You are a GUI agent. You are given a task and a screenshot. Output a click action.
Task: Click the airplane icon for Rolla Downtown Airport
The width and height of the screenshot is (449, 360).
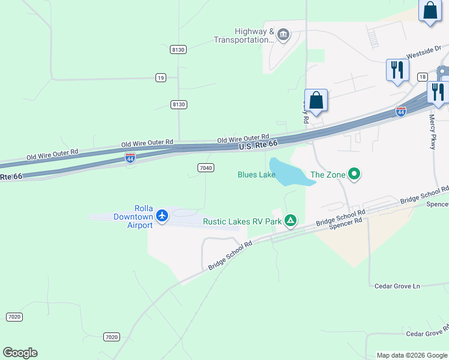pos(161,215)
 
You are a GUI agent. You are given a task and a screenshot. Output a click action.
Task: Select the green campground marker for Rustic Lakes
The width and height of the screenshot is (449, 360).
pos(291,221)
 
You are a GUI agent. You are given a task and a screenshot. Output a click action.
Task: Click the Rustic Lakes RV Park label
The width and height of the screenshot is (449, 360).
pos(242,221)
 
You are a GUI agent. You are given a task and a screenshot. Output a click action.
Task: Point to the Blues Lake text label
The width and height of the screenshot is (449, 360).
pos(256,175)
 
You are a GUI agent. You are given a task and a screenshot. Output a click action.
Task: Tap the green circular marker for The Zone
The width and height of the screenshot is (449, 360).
pos(354,175)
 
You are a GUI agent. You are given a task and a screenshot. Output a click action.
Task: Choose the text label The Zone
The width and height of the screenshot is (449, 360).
pos(328,175)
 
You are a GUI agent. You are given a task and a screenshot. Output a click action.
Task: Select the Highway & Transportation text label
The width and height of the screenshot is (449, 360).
pos(245,35)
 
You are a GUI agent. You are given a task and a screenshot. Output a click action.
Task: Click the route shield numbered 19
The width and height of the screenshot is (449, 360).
pos(160,77)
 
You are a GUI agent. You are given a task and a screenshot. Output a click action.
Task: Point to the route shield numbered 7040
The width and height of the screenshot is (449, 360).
pos(205,167)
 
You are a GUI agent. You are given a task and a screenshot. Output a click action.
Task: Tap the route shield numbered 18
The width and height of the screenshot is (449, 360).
pos(423,77)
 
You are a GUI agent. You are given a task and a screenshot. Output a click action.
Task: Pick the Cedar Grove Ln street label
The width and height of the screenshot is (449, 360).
pos(397,286)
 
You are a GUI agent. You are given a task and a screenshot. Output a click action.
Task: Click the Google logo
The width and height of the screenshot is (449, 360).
pos(20,353)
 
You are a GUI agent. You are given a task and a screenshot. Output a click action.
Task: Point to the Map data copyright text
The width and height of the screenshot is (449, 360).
pos(411,355)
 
